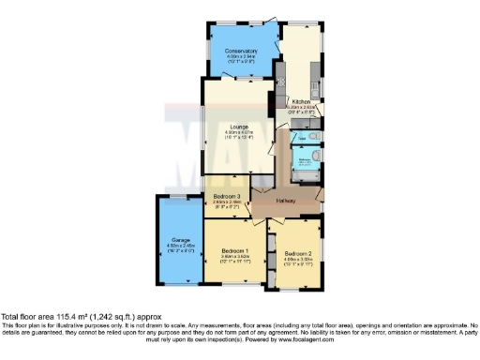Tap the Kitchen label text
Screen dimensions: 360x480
point(302,101)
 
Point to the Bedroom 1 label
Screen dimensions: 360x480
point(234,250)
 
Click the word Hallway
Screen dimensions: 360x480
point(285,202)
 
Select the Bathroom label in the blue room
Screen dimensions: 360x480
point(305,159)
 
